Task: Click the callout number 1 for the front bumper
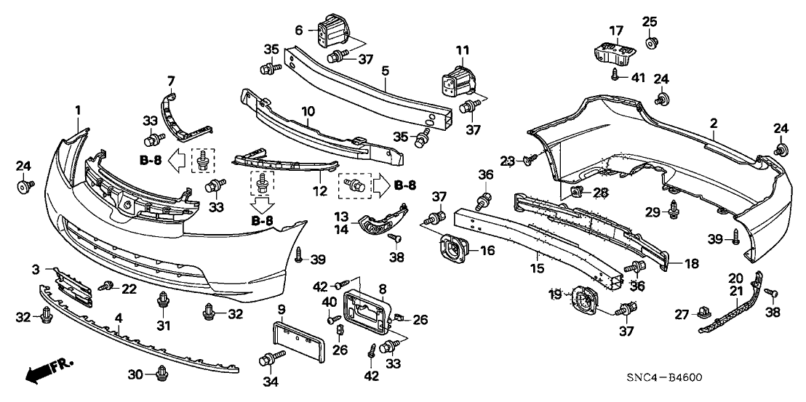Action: pyautogui.click(x=78, y=110)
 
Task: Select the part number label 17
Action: pyautogui.click(x=616, y=31)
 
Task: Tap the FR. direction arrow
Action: pyautogui.click(x=48, y=370)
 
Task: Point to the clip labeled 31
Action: pyautogui.click(x=162, y=300)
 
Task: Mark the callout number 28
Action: pyautogui.click(x=599, y=192)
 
